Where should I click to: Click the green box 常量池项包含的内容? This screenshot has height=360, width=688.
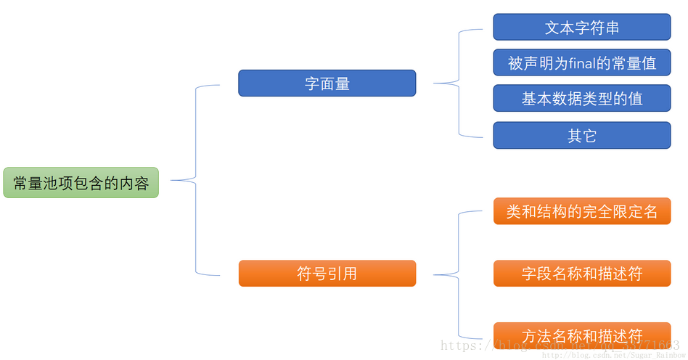click(x=81, y=183)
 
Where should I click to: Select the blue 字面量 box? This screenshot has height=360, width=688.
click(x=327, y=83)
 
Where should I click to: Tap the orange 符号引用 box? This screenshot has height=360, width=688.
click(x=327, y=274)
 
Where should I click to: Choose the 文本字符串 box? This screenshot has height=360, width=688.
click(x=581, y=28)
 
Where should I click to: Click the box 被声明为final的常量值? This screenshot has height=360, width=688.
click(x=581, y=63)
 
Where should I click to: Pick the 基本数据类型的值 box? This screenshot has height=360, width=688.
click(x=581, y=99)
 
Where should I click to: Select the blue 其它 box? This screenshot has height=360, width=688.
click(x=581, y=136)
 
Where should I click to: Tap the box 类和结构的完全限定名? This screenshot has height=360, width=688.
click(x=581, y=211)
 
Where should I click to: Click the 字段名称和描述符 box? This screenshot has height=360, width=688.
click(x=581, y=274)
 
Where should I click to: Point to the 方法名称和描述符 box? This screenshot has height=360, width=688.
click(x=581, y=335)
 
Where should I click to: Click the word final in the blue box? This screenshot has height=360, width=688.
click(x=581, y=63)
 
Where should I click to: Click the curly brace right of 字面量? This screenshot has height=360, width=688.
click(x=459, y=83)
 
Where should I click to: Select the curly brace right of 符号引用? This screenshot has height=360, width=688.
click(x=459, y=274)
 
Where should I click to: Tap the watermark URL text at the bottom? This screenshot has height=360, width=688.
click(x=559, y=346)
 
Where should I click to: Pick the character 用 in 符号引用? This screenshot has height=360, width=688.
click(x=349, y=274)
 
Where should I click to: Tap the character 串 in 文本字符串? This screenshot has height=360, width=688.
click(x=611, y=28)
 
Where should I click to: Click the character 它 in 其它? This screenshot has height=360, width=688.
click(x=589, y=136)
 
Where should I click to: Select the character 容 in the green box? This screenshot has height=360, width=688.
click(x=141, y=183)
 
